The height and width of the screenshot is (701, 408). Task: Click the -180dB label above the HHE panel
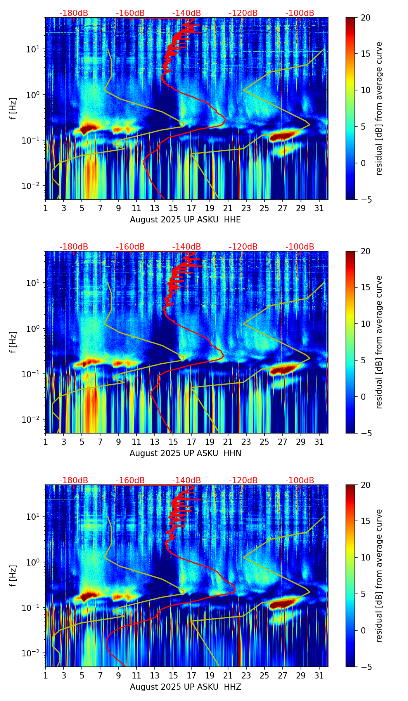pyautogui.click(x=74, y=13)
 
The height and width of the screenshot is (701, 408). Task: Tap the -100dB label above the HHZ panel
pyautogui.click(x=300, y=481)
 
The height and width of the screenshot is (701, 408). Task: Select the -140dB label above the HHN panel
pyautogui.click(x=187, y=247)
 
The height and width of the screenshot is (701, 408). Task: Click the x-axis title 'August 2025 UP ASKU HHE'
pyautogui.click(x=185, y=220)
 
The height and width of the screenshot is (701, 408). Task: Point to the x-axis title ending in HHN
pyautogui.click(x=185, y=453)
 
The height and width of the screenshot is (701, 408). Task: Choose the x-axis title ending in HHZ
pyautogui.click(x=185, y=687)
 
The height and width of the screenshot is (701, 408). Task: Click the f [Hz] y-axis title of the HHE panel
pyautogui.click(x=13, y=109)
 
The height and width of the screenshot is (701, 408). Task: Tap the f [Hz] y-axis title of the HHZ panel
pyautogui.click(x=13, y=576)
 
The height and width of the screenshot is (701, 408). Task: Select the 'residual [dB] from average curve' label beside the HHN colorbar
pyautogui.click(x=379, y=342)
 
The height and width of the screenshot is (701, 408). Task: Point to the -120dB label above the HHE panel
pyautogui.click(x=243, y=13)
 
